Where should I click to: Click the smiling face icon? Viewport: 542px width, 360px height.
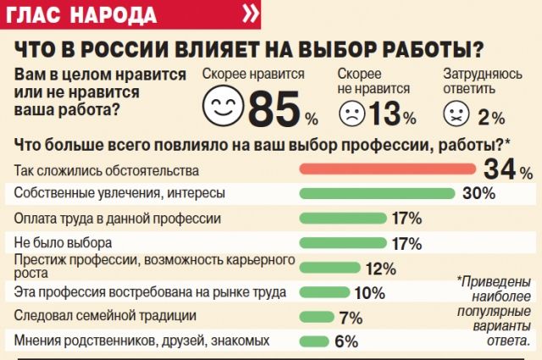pos(223,108)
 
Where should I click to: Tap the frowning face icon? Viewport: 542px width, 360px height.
pos(351,113)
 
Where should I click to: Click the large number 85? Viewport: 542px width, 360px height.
pos(275,108)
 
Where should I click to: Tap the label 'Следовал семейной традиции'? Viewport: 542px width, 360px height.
pos(94,317)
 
